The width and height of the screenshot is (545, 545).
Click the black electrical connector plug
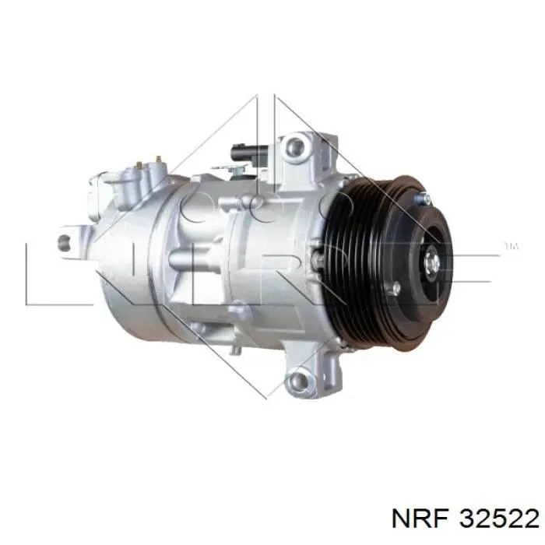[249, 153]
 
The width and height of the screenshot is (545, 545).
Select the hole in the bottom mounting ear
[299, 381]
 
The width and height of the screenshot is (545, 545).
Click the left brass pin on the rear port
[139, 165]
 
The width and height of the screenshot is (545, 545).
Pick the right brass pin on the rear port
[159, 160]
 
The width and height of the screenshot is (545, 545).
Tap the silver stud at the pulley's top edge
[424, 198]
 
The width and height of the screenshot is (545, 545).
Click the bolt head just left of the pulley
[316, 257]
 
